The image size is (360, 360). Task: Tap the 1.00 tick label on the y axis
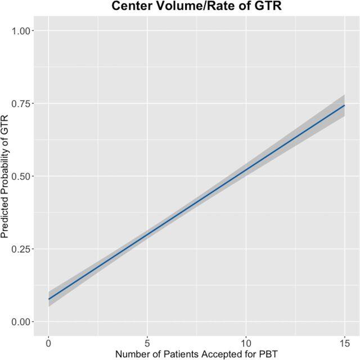click(x=22, y=30)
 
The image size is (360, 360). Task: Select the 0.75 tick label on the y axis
click(x=22, y=103)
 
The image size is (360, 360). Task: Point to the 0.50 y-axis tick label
click(x=22, y=176)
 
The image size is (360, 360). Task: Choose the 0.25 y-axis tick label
click(x=22, y=249)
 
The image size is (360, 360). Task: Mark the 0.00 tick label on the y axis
click(x=22, y=322)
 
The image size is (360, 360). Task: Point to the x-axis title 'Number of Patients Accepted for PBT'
click(x=197, y=354)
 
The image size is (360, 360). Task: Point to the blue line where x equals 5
click(x=147, y=234)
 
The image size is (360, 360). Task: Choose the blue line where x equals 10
click(x=246, y=169)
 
